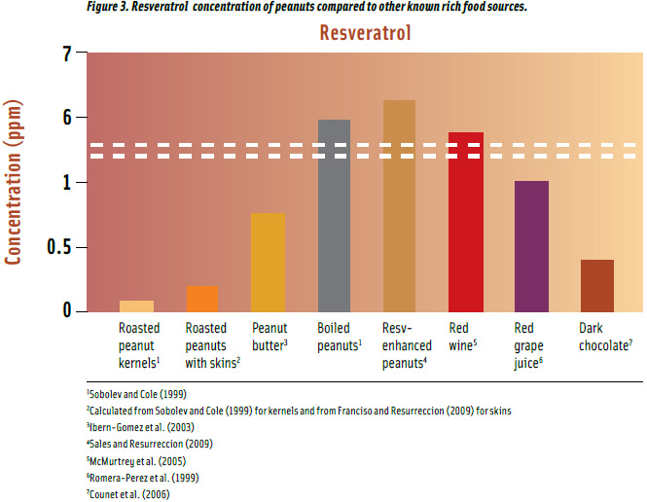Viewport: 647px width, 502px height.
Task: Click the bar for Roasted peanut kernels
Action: point(136,305)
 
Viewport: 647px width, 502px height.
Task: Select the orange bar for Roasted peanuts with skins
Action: point(201,299)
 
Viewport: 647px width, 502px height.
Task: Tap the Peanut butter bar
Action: point(268,263)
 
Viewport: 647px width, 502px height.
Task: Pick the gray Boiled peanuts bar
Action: point(334,216)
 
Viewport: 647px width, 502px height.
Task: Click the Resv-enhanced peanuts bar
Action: point(399,206)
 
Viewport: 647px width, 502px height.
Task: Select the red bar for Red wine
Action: point(465,222)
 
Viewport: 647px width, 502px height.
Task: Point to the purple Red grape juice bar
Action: point(531,246)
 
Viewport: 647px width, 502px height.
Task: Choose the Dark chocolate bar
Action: point(597,285)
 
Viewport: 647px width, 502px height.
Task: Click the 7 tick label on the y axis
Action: point(67,54)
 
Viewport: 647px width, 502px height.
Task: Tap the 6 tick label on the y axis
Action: point(67,119)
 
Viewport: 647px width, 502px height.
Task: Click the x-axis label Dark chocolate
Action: point(604,337)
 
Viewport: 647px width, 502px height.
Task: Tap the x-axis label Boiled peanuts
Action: point(340,337)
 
